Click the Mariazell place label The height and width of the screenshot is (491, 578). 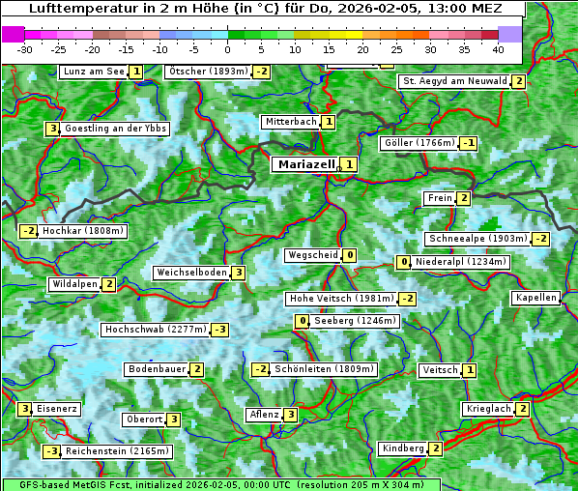pos(305,164)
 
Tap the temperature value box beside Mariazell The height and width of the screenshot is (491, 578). pos(349,164)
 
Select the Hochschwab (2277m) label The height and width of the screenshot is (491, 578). pos(156,330)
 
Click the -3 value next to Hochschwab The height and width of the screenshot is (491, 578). pos(220,330)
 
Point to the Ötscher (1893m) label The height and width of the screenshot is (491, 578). pos(208,72)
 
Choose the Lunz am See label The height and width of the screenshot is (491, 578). pos(94,72)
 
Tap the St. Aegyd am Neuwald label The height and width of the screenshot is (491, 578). pos(454,81)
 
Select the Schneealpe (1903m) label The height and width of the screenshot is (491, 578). pos(477,239)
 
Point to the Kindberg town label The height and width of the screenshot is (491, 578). pos(403,448)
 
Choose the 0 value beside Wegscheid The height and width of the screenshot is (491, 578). pos(349,255)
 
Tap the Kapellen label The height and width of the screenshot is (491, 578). pos(536,298)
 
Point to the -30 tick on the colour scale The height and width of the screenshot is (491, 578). pos(25,48)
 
